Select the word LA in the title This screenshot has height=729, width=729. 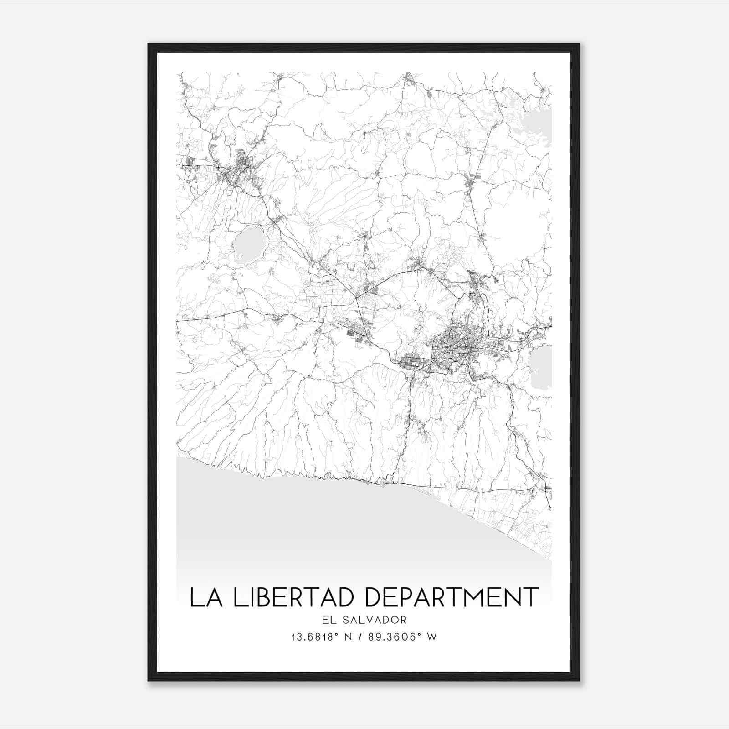[206, 597]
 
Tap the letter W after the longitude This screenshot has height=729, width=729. [432, 637]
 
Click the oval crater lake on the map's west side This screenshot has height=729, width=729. [249, 244]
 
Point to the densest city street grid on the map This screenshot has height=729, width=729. [451, 342]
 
